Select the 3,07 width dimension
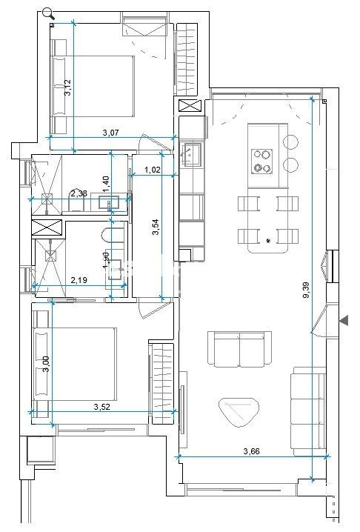tap(112, 133)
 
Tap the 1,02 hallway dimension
tap(153, 170)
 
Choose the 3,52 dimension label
tap(103, 406)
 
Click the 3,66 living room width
tap(255, 450)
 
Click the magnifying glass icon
tap(49, 13)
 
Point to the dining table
tap(264, 221)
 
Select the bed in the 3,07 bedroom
tap(93, 84)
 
